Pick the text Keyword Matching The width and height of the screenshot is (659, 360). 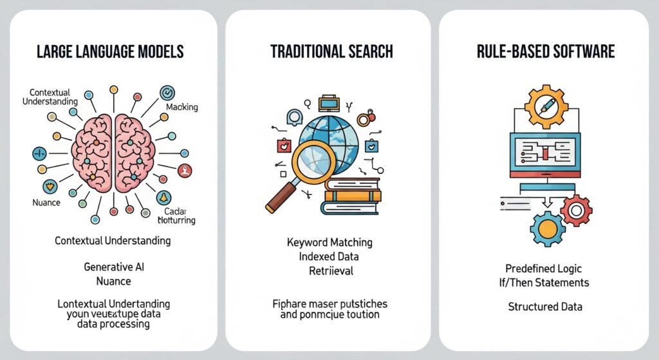329,243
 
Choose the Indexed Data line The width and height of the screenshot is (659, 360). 329,256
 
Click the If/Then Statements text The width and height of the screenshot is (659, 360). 547,282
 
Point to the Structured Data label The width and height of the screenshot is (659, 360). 545,307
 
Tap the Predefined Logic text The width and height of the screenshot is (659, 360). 547,269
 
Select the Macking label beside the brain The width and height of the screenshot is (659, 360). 182,107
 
